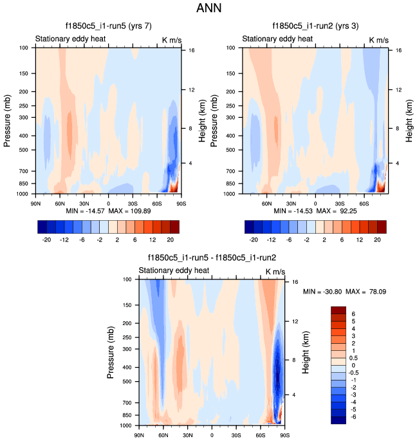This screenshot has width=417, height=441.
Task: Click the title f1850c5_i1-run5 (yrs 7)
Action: [x=108, y=27]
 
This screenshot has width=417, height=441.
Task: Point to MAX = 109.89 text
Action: [x=132, y=211]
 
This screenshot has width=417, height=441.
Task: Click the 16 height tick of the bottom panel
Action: [x=293, y=281]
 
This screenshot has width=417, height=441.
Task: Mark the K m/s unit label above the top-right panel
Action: [x=379, y=40]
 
